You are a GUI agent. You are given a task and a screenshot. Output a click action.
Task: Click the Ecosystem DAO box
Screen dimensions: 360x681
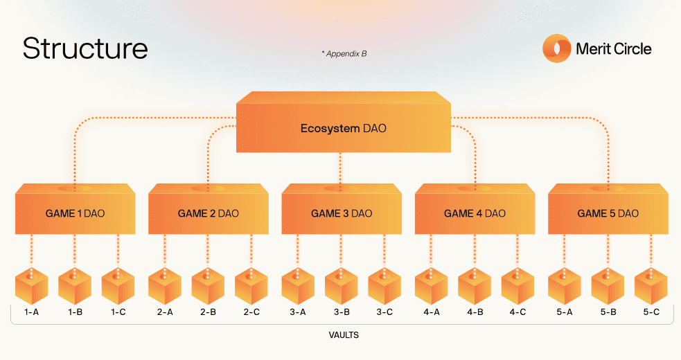coord(343,128)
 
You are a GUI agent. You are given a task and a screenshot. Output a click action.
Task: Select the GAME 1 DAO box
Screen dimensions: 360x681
coord(75,213)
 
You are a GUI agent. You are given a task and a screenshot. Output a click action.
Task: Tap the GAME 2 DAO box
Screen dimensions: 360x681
coord(208,213)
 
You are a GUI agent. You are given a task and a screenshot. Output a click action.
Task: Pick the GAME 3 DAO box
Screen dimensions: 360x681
coord(341,213)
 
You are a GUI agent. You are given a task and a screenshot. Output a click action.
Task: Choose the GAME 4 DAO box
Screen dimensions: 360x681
coord(475,213)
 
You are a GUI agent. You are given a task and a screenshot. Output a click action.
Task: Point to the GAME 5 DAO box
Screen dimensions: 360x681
coord(608,213)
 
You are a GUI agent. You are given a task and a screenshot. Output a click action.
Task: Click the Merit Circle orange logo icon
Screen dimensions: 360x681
coord(556,49)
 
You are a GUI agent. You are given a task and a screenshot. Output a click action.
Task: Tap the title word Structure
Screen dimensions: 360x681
coord(85,48)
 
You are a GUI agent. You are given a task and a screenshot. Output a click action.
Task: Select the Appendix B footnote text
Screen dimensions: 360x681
coord(344,53)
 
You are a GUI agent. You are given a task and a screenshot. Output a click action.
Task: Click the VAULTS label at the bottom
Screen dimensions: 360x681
coord(344,335)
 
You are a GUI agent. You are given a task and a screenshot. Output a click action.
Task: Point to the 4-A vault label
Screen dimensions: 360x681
coord(432,312)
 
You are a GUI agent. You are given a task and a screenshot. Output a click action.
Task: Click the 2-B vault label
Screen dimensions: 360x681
coord(208,312)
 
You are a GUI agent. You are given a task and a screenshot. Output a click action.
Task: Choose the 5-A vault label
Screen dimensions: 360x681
coord(565,312)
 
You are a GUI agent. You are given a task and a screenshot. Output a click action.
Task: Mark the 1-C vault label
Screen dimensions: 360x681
coord(118,312)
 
